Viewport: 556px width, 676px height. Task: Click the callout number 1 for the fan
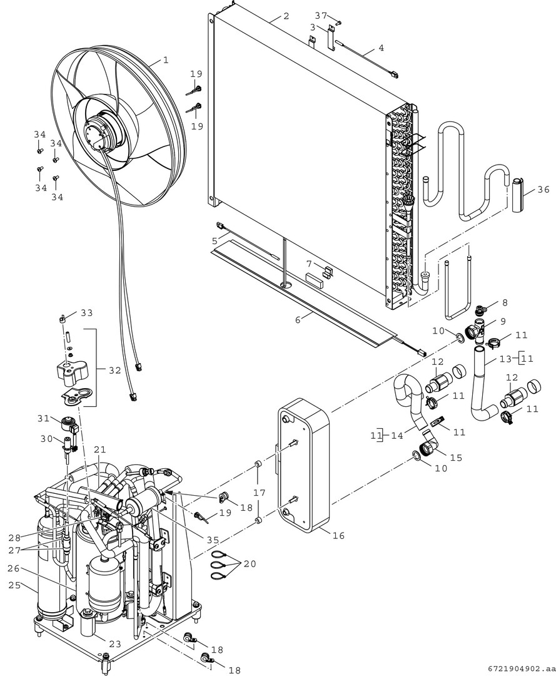(165, 61)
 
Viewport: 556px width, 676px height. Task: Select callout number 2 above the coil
(286, 16)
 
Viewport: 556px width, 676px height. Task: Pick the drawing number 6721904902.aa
(517, 668)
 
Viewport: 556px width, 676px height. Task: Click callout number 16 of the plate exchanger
(338, 536)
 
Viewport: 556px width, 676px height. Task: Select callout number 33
(86, 313)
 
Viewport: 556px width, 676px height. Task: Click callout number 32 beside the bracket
(114, 371)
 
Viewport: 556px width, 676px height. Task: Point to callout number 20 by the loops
(250, 564)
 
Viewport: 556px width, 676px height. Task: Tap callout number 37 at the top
(321, 15)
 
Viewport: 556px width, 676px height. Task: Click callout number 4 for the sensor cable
(382, 48)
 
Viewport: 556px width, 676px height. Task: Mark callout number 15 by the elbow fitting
(456, 458)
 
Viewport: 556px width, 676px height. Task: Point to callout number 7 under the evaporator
(309, 264)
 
